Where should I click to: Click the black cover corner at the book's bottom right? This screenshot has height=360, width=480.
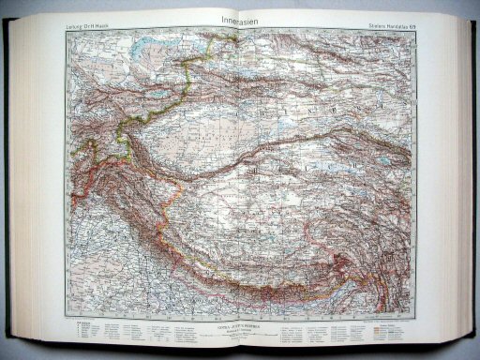[468, 337]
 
